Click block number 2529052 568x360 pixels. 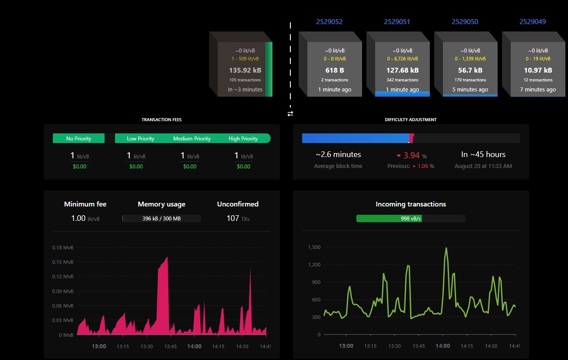point(329,22)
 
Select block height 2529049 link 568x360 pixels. point(533,22)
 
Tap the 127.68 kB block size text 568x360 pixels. point(402,70)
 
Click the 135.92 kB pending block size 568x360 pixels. point(245,70)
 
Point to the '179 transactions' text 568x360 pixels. point(470,80)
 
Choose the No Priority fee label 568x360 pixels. point(79,139)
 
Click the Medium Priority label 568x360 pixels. point(192,139)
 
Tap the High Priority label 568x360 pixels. point(243,139)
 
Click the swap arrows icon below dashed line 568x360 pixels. point(290,114)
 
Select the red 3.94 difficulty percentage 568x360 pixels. point(411,155)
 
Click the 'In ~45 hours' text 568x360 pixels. point(483,154)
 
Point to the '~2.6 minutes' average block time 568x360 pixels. point(338,154)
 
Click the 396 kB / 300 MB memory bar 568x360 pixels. point(161,218)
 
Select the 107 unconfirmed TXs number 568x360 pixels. point(233,218)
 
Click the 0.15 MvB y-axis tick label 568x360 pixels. point(63,262)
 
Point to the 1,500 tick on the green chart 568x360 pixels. point(314,247)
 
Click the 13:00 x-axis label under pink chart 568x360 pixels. point(99,346)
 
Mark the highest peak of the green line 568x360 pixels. point(446,248)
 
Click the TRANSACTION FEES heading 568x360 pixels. point(161,119)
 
